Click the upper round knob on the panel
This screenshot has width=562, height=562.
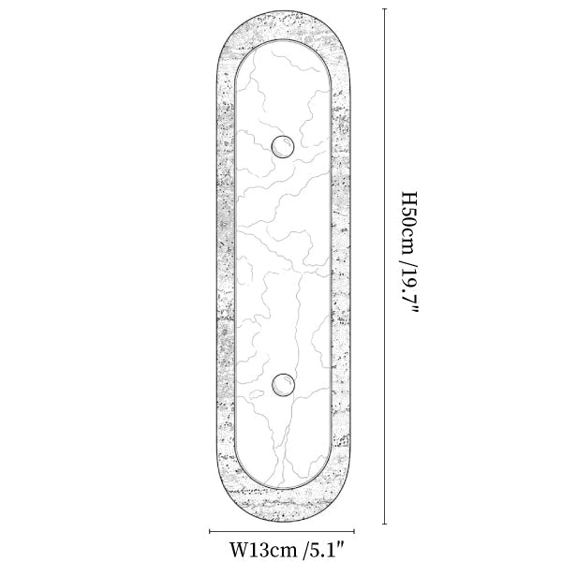283,147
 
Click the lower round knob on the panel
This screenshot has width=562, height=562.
283,385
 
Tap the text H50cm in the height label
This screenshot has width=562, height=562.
408,222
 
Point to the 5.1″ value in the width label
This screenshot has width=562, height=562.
326,548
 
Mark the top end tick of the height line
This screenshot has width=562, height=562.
385,8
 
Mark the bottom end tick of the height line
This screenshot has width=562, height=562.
385,524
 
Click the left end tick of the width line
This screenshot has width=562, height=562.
210,531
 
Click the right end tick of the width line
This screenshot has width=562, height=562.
354,531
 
